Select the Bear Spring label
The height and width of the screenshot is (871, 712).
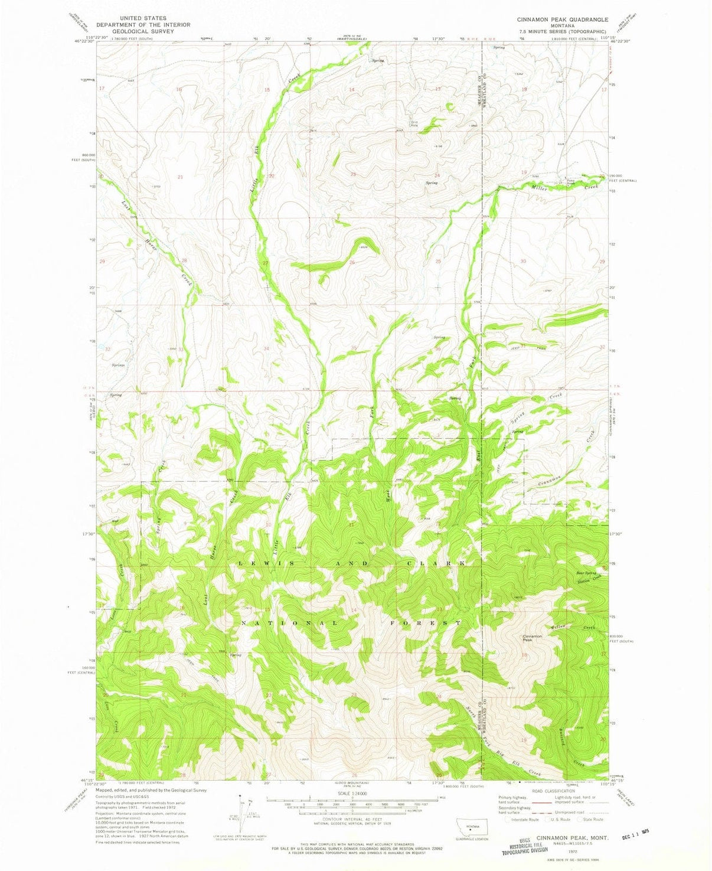586,573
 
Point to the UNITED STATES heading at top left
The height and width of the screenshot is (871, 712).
143,18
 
